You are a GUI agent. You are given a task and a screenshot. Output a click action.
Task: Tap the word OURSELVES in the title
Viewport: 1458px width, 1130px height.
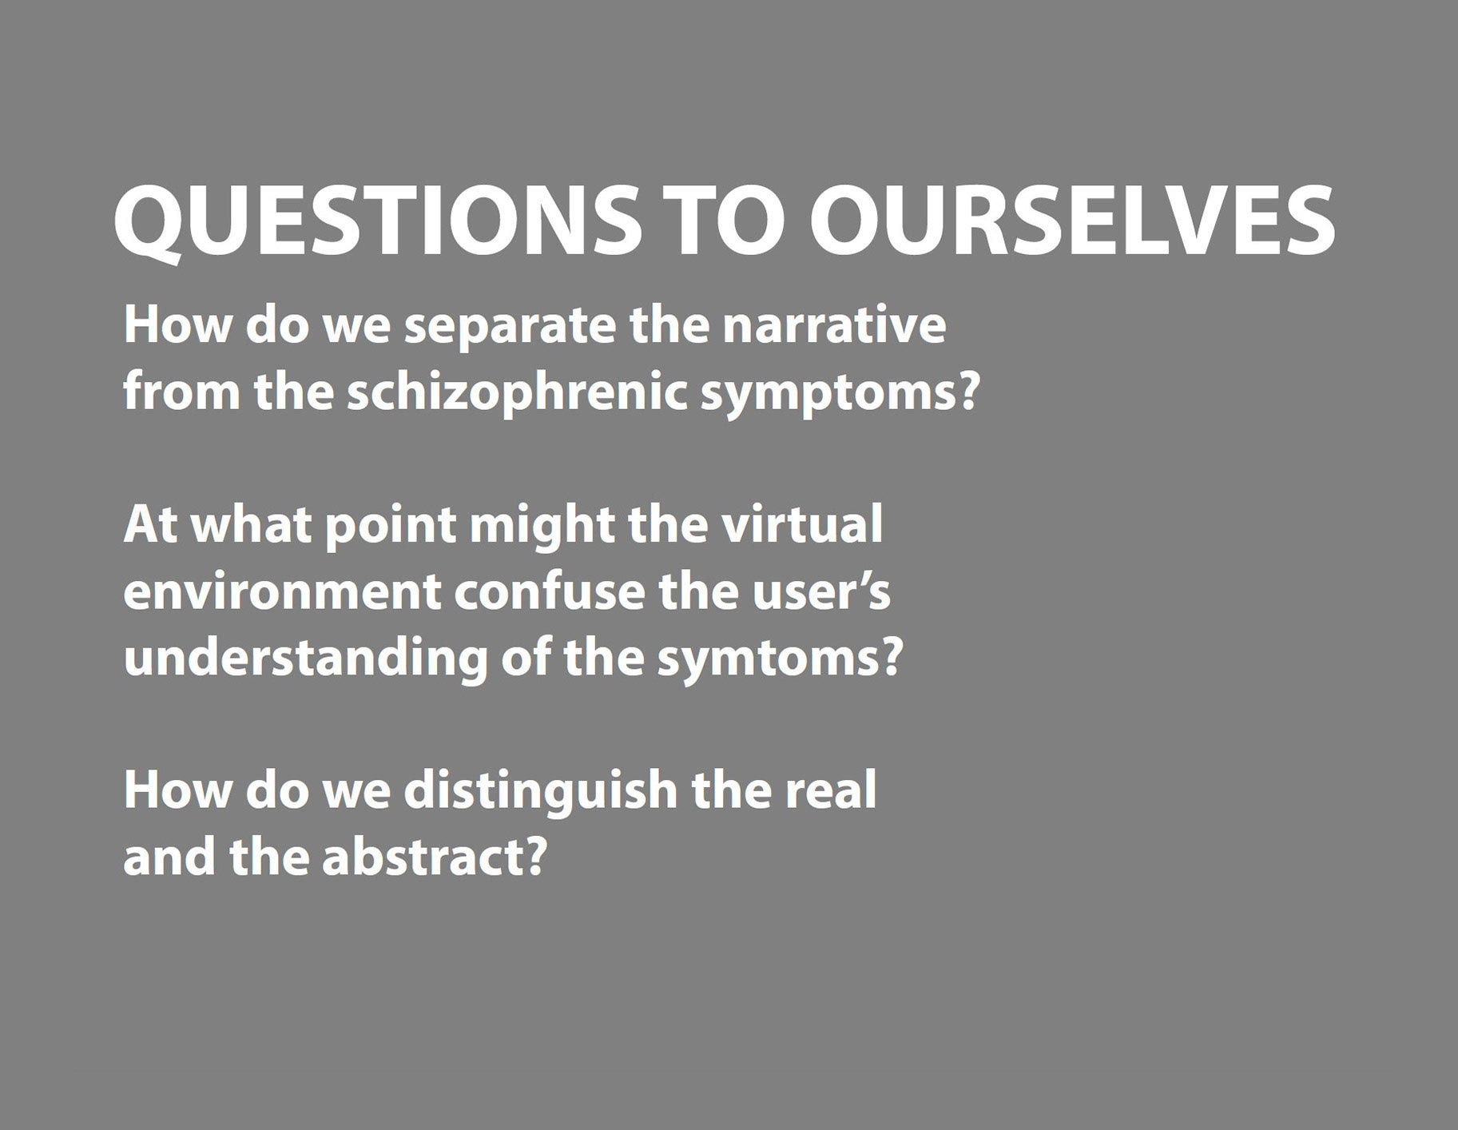(1072, 221)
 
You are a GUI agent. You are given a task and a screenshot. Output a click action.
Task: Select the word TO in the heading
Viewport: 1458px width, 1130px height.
(725, 221)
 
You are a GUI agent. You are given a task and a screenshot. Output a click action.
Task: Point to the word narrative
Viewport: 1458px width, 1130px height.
(834, 326)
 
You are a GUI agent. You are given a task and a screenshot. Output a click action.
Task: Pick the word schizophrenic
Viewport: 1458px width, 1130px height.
(517, 393)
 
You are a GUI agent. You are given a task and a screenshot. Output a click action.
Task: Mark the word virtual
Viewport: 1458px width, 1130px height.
(802, 524)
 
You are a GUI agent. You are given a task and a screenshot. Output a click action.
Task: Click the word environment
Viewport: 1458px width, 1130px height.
(282, 592)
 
